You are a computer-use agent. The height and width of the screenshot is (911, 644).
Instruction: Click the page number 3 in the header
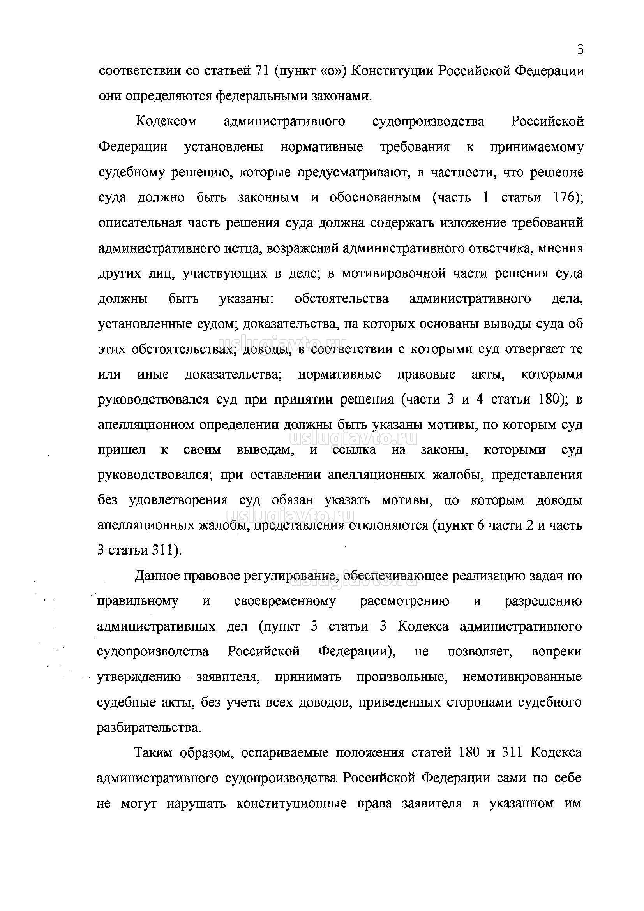(580, 49)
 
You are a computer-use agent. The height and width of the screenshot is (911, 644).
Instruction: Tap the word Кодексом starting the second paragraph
(166, 122)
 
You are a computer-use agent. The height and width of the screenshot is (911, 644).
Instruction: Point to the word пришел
(122, 450)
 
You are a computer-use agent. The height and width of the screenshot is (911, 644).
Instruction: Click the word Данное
(155, 576)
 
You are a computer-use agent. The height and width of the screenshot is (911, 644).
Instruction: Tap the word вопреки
(556, 652)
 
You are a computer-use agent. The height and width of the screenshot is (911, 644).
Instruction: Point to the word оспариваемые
(285, 753)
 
